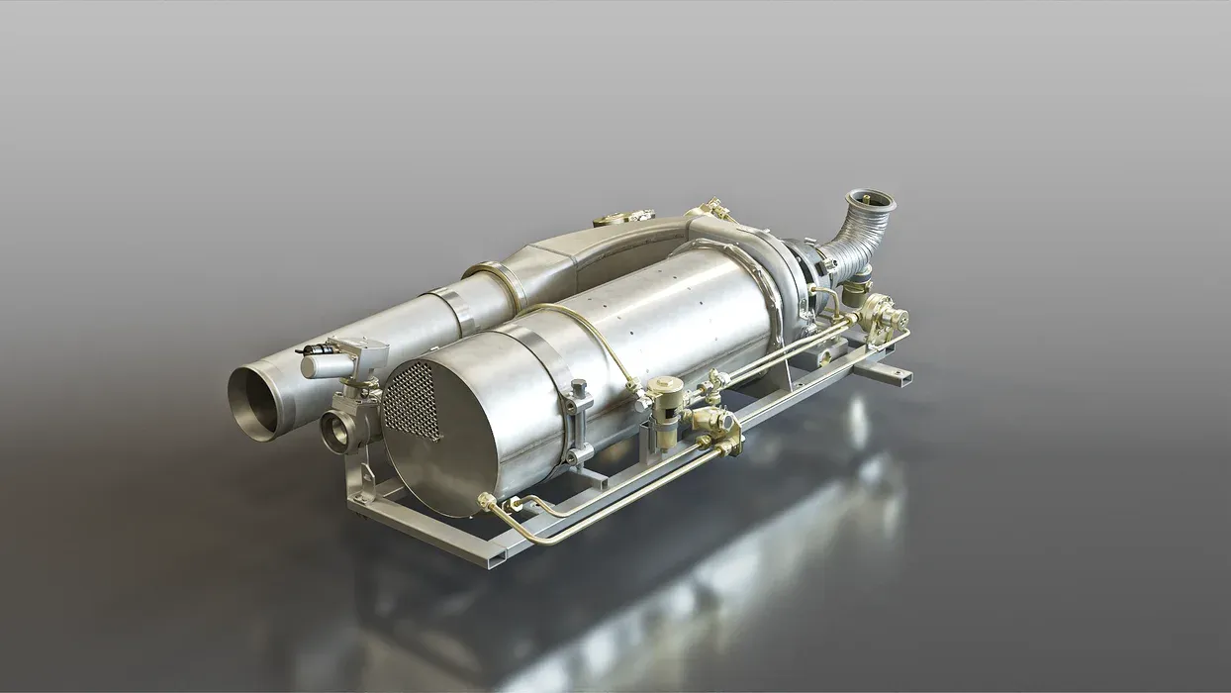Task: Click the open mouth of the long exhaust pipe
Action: (253, 401)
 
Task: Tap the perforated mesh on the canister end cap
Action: (411, 401)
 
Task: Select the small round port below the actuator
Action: (334, 433)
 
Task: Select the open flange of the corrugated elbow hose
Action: (871, 203)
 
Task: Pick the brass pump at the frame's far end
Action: (884, 317)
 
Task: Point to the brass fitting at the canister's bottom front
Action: (487, 503)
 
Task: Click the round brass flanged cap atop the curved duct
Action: (623, 216)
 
